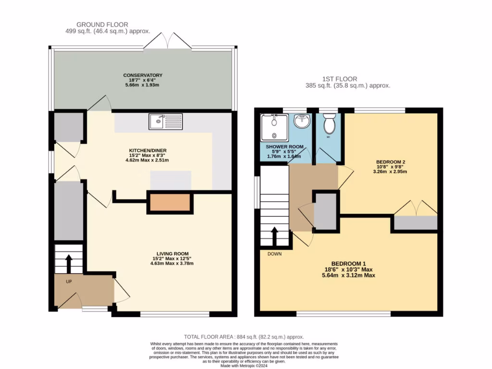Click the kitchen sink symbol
click(x=166, y=122)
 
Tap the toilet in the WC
click(x=329, y=124)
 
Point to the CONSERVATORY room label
click(x=143, y=75)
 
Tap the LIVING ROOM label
click(x=172, y=254)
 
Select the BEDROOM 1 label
click(x=349, y=264)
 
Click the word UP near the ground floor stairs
click(x=69, y=282)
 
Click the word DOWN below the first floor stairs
click(x=274, y=254)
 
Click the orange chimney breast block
click(x=170, y=203)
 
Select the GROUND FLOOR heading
click(x=102, y=25)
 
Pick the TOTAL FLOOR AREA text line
click(x=244, y=337)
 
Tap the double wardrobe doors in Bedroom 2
click(x=416, y=208)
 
